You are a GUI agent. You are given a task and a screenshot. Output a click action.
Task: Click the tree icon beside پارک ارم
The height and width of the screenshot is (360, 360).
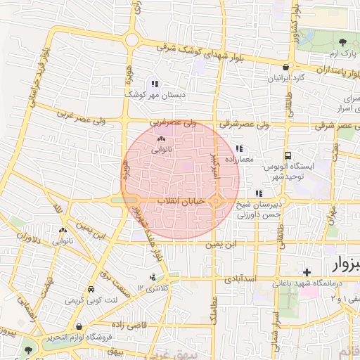(342, 44)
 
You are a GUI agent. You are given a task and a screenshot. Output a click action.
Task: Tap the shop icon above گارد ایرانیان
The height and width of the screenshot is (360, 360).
(285, 67)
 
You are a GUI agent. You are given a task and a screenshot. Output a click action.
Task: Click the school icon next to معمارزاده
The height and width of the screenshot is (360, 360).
(240, 149)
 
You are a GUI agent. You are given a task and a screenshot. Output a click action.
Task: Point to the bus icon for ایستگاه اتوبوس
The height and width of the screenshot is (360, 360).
(287, 156)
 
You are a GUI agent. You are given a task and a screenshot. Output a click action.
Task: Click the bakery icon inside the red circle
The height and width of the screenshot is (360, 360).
(161, 139)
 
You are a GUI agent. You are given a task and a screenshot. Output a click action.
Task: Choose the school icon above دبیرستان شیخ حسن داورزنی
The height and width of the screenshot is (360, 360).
(259, 193)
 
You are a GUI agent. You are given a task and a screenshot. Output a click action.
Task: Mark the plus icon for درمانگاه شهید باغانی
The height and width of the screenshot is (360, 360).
(307, 272)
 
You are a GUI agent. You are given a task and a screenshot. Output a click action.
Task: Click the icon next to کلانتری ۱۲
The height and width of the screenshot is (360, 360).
(153, 278)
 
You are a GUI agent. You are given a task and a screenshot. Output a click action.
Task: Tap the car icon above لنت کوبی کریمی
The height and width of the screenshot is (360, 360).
(91, 290)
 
